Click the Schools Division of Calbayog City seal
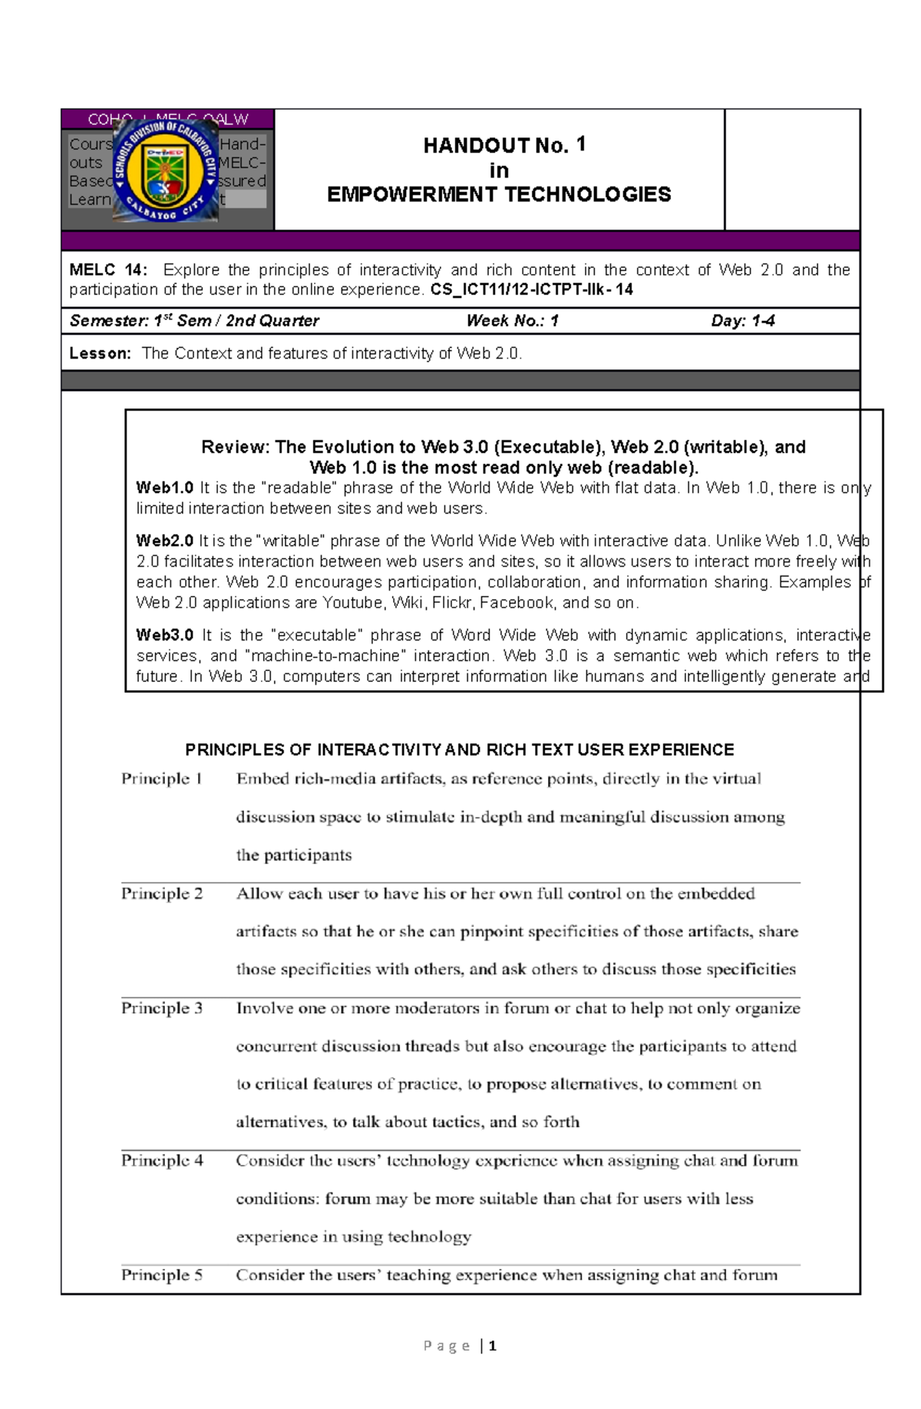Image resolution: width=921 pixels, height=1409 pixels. (166, 170)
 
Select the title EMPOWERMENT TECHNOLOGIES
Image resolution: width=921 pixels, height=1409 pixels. (499, 194)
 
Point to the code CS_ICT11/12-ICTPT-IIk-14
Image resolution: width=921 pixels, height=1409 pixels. (531, 290)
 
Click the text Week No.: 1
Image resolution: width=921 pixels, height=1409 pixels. (512, 321)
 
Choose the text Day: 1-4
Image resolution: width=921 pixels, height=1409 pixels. (742, 321)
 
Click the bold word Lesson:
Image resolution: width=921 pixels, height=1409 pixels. (100, 354)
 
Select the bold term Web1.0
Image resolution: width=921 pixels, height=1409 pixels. (164, 488)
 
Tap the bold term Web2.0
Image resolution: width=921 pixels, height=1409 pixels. (164, 541)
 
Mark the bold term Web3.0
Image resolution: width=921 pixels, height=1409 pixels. (164, 636)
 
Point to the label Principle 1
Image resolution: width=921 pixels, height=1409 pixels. (161, 779)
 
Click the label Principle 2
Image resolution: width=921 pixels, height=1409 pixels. (161, 894)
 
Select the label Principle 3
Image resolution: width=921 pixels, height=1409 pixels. (161, 1008)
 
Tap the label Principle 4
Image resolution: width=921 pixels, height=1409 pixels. (161, 1160)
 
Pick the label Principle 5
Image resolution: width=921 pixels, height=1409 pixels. (161, 1275)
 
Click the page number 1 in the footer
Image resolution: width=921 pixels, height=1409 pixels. (492, 1346)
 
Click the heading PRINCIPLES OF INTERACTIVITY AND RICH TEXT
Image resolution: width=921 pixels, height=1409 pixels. (460, 750)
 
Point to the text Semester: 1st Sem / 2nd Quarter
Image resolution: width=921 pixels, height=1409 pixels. (194, 321)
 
